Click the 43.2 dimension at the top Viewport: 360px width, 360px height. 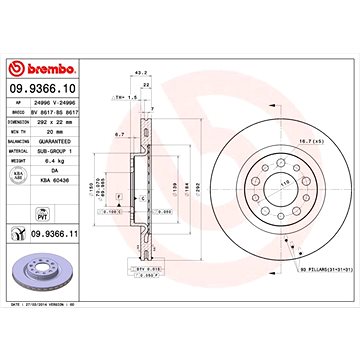(x=139, y=71)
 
